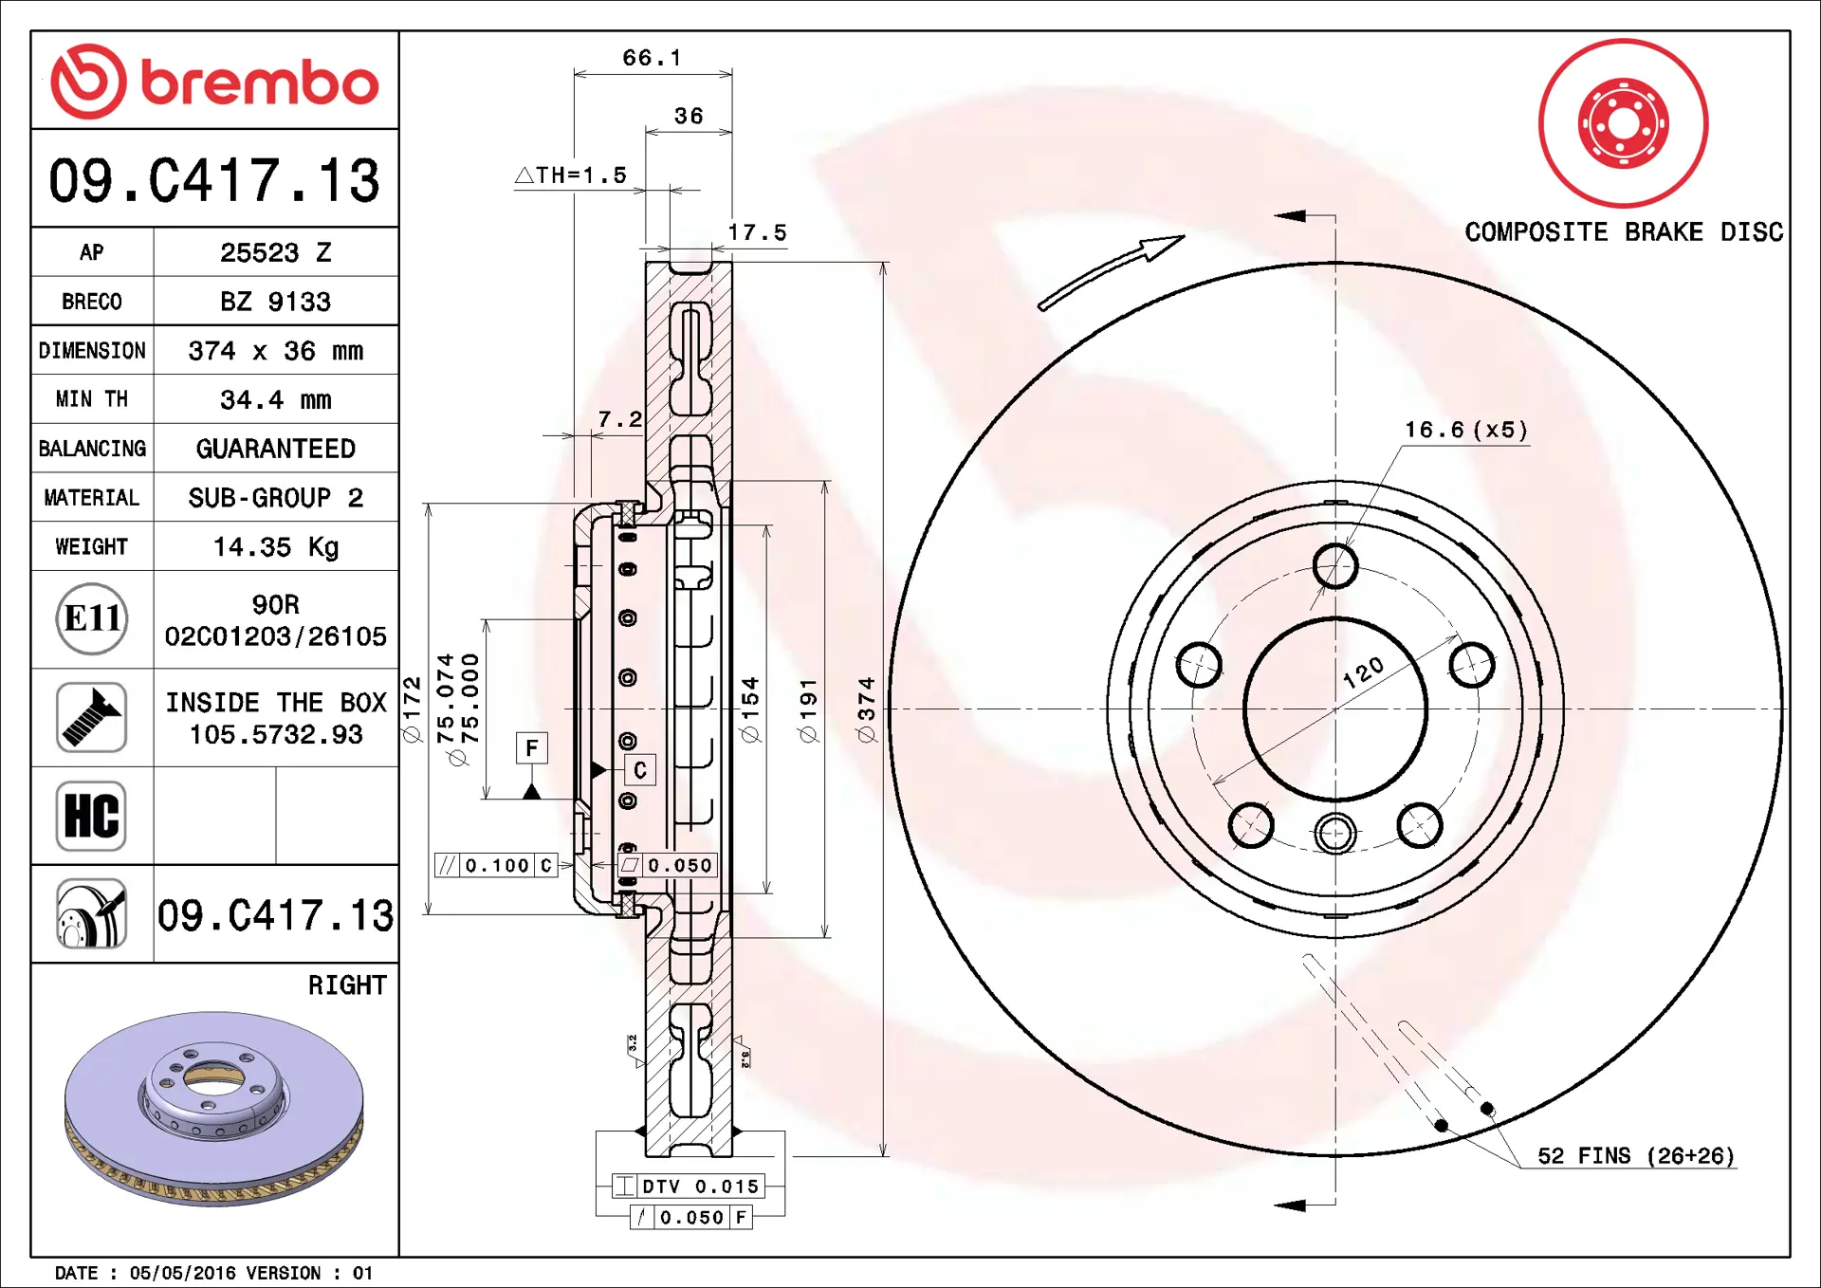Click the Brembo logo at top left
point(215,82)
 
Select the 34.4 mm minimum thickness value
point(275,400)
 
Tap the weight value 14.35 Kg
point(275,547)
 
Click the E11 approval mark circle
point(92,619)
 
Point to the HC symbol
point(91,816)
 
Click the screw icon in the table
point(91,718)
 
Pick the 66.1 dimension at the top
point(652,58)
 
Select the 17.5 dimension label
point(757,232)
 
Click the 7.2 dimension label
point(619,419)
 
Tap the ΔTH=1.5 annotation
point(571,175)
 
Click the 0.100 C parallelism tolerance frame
point(496,865)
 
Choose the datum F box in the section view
point(531,748)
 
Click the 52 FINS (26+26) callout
point(1635,1156)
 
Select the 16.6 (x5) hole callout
point(1466,431)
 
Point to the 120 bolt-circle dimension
point(1363,673)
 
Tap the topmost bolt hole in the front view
point(1335,566)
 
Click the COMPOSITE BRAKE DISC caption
point(1623,232)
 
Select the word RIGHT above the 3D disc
point(347,985)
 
